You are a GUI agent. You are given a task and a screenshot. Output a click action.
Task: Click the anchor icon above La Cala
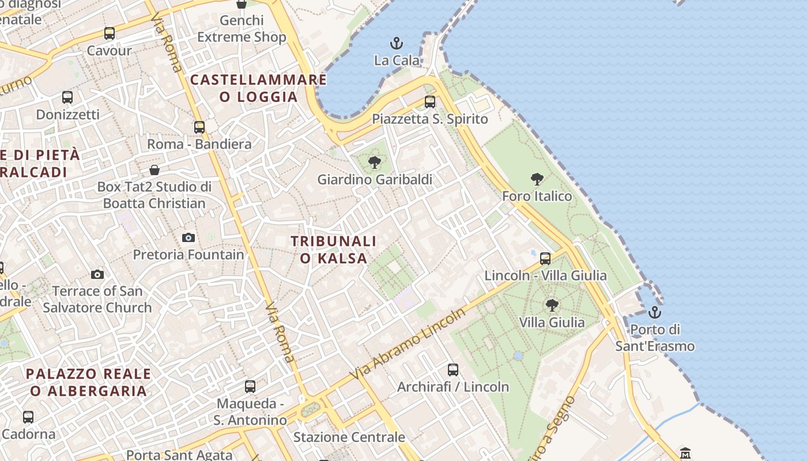tap(397, 43)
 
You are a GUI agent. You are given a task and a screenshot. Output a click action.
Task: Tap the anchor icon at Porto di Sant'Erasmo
tap(654, 312)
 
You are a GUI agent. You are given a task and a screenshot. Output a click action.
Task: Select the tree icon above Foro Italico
tap(537, 179)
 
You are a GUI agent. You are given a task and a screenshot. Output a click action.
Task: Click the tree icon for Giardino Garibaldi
tap(375, 163)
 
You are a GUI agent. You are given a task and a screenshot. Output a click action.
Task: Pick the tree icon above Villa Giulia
tap(552, 305)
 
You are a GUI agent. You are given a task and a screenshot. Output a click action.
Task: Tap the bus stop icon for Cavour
tap(110, 33)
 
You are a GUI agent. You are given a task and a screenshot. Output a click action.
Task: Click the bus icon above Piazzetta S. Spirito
tap(430, 102)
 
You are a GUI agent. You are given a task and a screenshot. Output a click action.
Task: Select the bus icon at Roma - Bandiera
tap(199, 127)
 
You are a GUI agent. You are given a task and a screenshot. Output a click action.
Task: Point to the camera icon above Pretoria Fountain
tap(188, 237)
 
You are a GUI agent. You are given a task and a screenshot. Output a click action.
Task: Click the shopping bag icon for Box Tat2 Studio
tap(154, 170)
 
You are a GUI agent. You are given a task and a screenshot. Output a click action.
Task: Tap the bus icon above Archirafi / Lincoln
tap(453, 370)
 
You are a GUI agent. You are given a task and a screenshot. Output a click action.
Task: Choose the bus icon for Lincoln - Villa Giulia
tap(545, 258)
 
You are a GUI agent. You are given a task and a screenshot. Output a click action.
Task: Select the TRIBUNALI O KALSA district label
tap(333, 250)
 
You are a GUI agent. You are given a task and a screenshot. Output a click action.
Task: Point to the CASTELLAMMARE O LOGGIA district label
tap(258, 88)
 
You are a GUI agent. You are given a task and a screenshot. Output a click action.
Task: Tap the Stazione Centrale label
tap(349, 437)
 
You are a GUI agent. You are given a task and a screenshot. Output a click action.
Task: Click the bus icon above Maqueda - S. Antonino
tap(250, 386)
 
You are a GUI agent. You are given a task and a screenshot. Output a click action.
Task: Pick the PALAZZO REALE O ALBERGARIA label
tap(89, 382)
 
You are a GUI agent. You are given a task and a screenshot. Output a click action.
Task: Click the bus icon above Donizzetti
tap(67, 97)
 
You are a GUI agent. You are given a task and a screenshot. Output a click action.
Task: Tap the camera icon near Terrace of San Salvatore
tap(97, 274)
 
